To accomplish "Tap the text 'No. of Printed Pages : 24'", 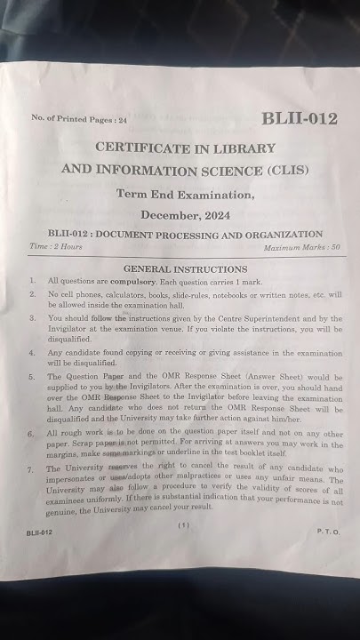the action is (79, 118).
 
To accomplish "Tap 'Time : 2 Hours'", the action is (55, 246).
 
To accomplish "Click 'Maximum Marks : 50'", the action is (286, 247).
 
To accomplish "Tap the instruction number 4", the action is (32, 353).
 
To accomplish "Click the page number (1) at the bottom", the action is (184, 525).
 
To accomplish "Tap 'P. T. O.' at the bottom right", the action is (328, 531).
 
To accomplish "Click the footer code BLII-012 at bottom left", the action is (40, 532).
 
